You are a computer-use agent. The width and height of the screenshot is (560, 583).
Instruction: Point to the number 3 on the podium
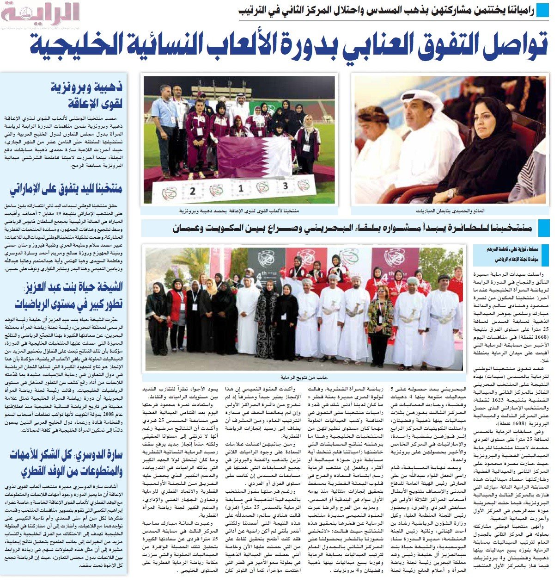pyautogui.click(x=286, y=186)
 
